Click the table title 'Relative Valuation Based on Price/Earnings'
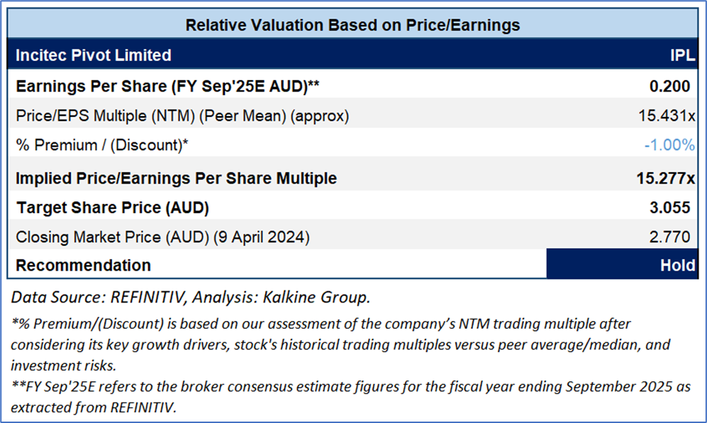pyautogui.click(x=352, y=26)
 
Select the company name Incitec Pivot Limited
pyautogui.click(x=93, y=55)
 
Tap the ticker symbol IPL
pyautogui.click(x=682, y=55)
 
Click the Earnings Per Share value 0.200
pyautogui.click(x=670, y=86)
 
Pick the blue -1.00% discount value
pyautogui.click(x=669, y=145)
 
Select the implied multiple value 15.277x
pyautogui.click(x=665, y=178)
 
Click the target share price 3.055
pyautogui.click(x=670, y=208)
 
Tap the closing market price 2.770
pyautogui.click(x=670, y=237)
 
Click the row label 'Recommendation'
pyautogui.click(x=83, y=266)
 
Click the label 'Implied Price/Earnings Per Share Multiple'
pyautogui.click(x=176, y=178)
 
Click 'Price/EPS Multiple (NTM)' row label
pyautogui.click(x=102, y=115)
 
